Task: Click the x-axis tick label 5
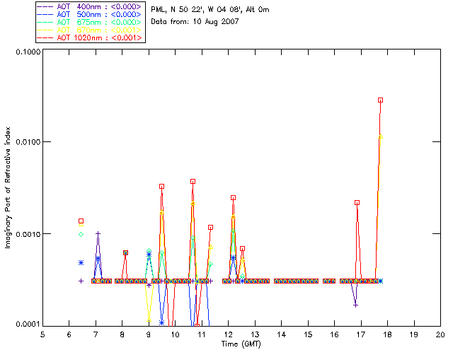tap(42, 334)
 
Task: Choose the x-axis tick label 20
tap(440, 334)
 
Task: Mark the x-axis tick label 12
tap(228, 334)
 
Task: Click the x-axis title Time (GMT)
tap(242, 344)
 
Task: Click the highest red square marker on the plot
tap(381, 100)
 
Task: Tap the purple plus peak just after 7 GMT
tap(98, 233)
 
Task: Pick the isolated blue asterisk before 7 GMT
tap(81, 262)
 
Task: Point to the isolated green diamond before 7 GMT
tap(81, 234)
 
